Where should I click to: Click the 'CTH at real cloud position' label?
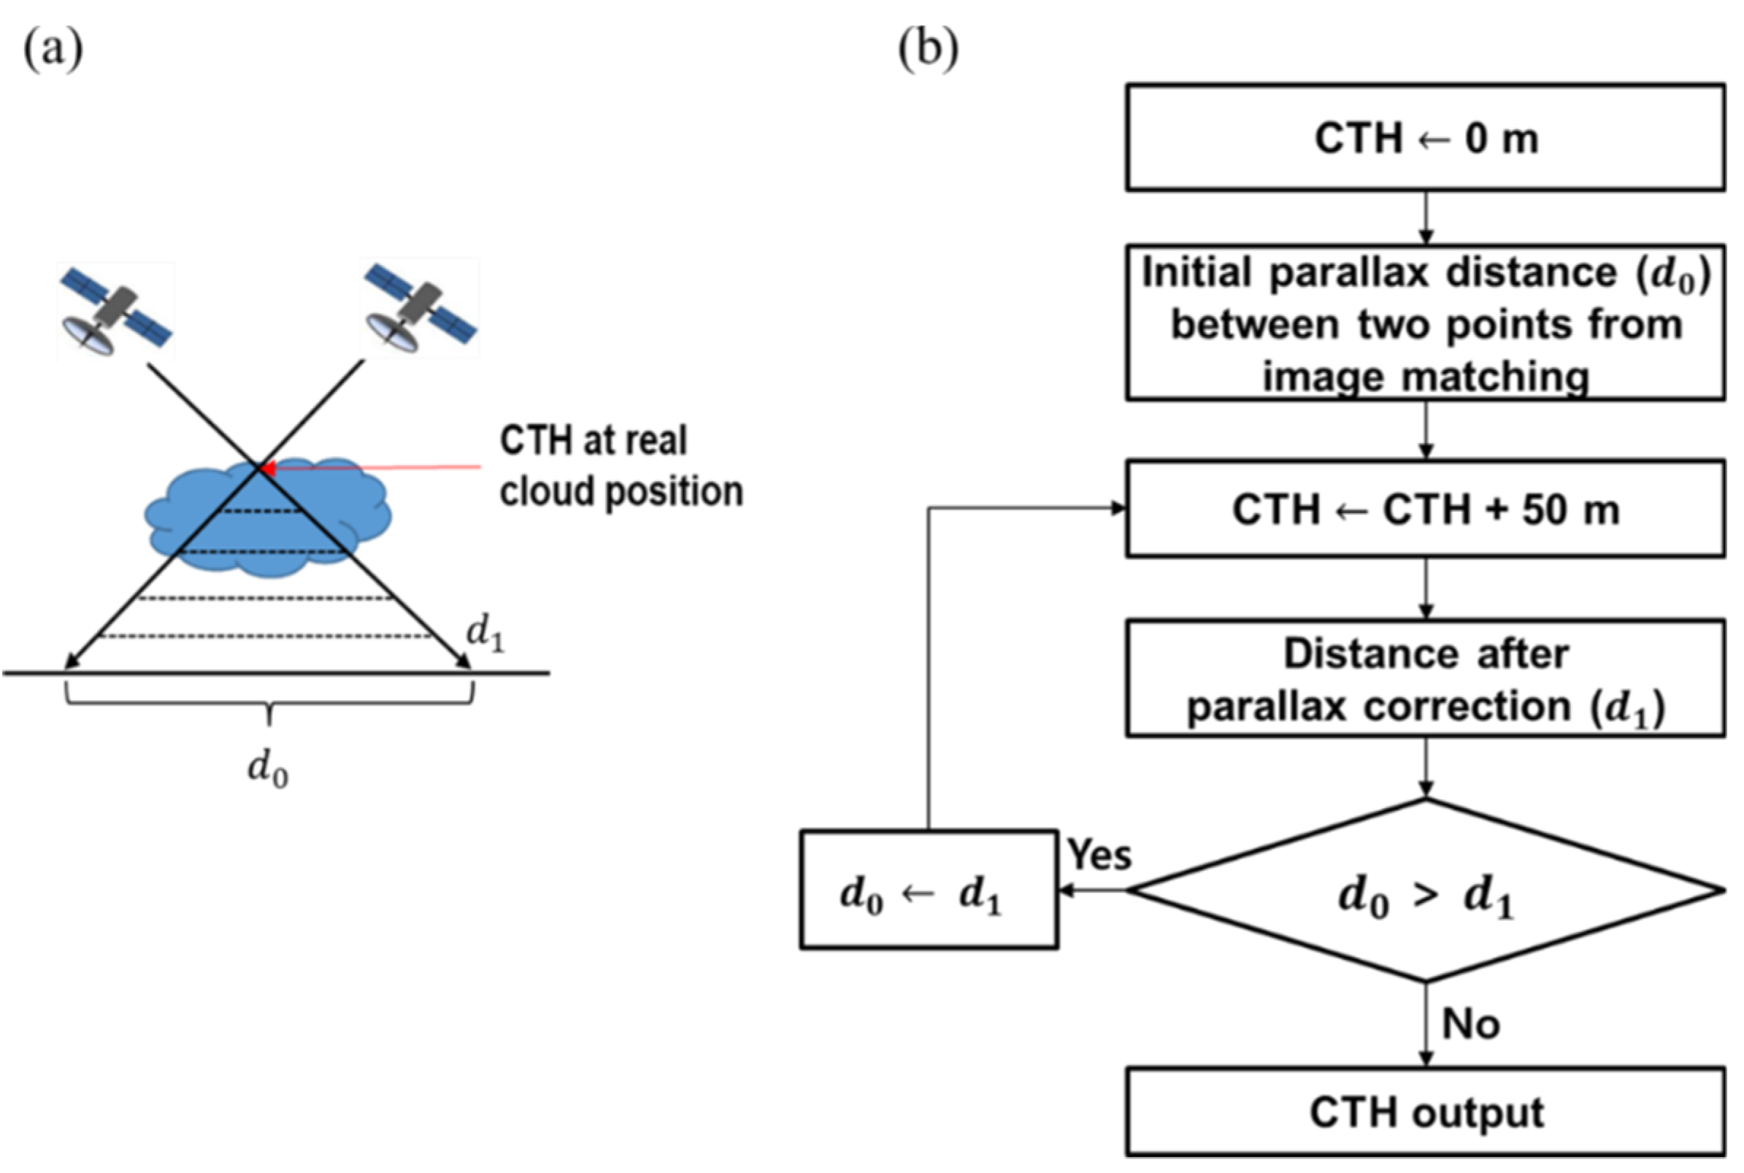pos(621,465)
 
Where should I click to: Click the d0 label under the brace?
pos(268,769)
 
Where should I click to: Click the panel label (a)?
pos(53,50)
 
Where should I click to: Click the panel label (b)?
pos(928,50)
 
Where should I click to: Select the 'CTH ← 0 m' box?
pos(1425,139)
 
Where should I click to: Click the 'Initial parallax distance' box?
pos(1425,323)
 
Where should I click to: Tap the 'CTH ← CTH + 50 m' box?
pos(1425,509)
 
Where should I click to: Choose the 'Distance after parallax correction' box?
pos(1425,679)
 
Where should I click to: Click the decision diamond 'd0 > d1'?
pos(1425,891)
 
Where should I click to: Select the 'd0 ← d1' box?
pos(929,891)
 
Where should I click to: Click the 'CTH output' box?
pos(1425,1112)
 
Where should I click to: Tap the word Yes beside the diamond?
pos(1099,854)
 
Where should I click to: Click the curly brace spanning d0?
pos(269,707)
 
